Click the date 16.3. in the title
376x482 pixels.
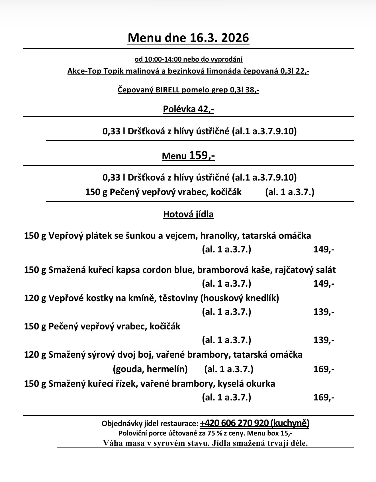coord(200,38)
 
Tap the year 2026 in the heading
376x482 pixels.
coord(235,38)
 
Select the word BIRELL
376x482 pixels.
coord(167,90)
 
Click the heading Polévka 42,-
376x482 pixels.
coord(188,109)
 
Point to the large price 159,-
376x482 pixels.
coord(202,155)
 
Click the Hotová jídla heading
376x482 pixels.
coord(188,214)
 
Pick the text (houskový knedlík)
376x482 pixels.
coord(240,298)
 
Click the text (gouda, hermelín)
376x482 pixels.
coord(150,369)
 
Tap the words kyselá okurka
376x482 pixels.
coord(246,384)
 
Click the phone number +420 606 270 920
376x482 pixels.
coord(234,423)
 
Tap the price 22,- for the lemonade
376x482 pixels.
coord(303,71)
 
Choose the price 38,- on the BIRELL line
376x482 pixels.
coord(252,90)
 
